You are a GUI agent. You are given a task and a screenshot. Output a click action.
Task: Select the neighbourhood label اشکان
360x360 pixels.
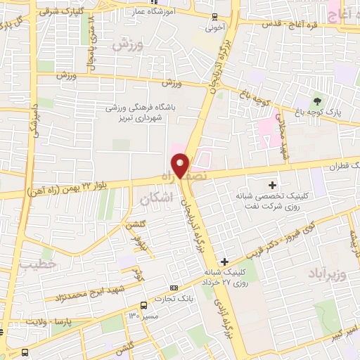tap(156, 200)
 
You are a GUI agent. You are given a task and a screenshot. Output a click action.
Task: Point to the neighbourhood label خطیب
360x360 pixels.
tap(37, 266)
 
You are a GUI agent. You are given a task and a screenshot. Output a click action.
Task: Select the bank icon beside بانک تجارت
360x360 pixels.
tap(174, 288)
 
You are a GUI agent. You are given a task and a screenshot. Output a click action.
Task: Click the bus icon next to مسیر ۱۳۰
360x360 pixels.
tap(143, 305)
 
